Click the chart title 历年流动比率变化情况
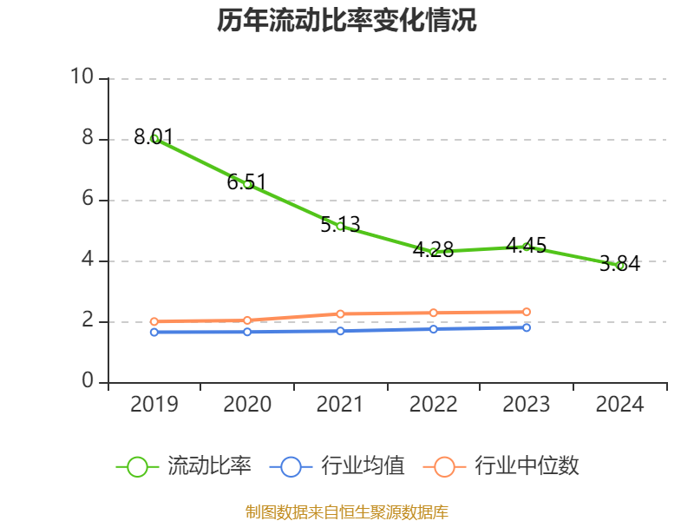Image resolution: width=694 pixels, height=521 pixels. pos(347,21)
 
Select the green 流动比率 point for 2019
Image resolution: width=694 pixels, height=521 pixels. pos(154,138)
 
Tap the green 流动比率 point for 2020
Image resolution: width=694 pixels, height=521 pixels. pos(247,184)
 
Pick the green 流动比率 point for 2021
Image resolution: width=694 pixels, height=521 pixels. pos(340,226)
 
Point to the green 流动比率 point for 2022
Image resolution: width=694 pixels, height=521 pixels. pos(434,252)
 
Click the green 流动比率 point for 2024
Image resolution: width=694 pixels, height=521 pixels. pos(620,266)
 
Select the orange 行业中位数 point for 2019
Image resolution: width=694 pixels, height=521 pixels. pos(154,321)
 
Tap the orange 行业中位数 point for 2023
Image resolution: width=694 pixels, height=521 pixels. pos(527,312)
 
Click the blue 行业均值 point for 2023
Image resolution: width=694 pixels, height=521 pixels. pos(527,327)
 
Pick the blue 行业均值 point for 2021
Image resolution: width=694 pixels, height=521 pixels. pos(340,331)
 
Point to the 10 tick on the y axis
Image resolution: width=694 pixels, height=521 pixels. pos(82,77)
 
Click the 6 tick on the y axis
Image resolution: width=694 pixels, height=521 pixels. pos(87,199)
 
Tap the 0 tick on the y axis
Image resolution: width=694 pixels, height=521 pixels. pos(87,381)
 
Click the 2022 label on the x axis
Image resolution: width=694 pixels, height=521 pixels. pos(434,405)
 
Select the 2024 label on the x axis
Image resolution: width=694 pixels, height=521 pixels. pos(620,405)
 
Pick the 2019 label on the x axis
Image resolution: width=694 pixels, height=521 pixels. pos(154,405)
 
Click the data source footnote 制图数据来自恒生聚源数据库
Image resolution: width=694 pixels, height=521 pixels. pos(347,511)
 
